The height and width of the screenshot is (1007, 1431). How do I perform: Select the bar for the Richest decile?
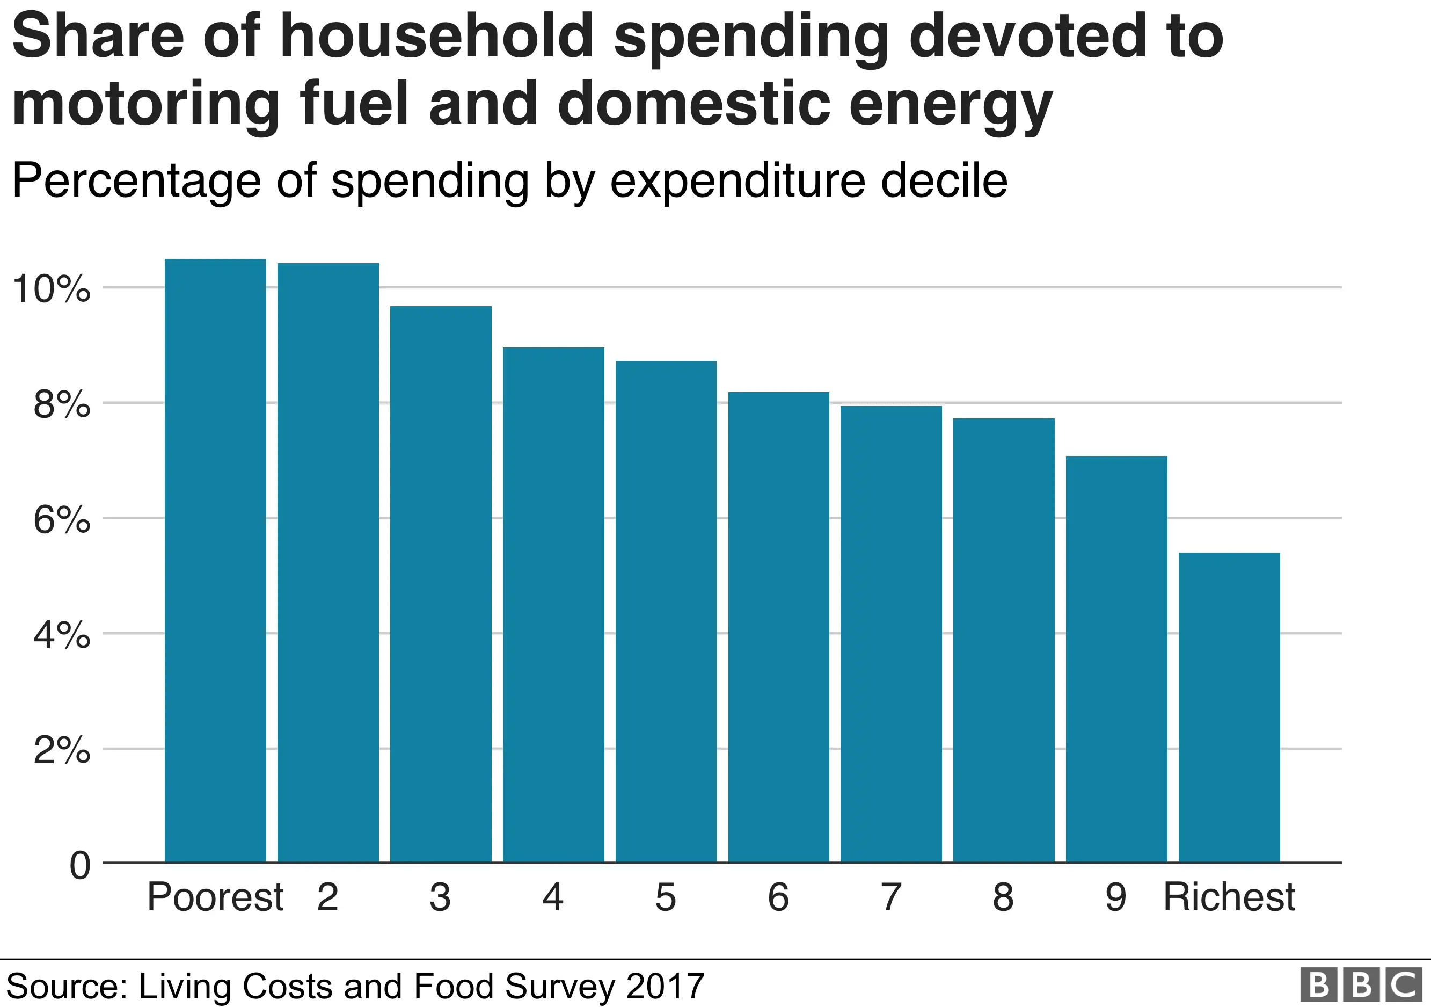pyautogui.click(x=1229, y=707)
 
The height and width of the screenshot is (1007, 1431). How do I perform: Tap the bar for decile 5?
pyautogui.click(x=666, y=611)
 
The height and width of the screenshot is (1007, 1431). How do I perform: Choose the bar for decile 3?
pyautogui.click(x=441, y=584)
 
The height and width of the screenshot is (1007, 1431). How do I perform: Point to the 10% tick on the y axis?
pyautogui.click(x=52, y=289)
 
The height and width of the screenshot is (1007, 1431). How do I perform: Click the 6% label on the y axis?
pyautogui.click(x=62, y=519)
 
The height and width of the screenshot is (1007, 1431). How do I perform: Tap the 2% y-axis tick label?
pyautogui.click(x=62, y=750)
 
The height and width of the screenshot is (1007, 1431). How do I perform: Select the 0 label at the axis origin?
pyautogui.click(x=80, y=865)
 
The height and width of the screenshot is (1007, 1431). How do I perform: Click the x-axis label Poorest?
pyautogui.click(x=215, y=897)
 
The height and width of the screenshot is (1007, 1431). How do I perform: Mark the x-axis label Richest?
pyautogui.click(x=1229, y=897)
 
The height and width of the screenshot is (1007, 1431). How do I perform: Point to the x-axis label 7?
pyautogui.click(x=890, y=897)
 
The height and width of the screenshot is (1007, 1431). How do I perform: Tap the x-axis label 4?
pyautogui.click(x=553, y=897)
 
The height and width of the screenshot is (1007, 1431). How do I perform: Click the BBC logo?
pyautogui.click(x=1361, y=985)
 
